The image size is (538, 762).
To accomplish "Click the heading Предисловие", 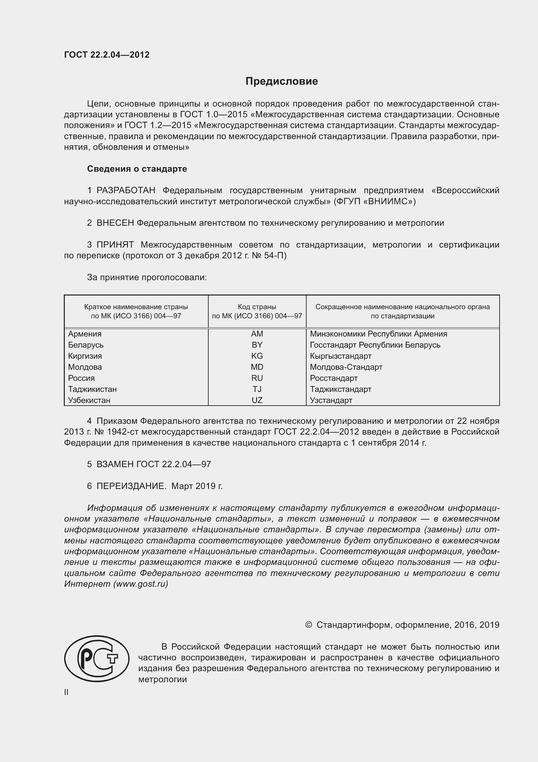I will [282, 81].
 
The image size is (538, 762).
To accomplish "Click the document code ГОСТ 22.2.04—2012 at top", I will [107, 55].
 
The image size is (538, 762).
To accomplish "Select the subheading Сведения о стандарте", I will [137, 169].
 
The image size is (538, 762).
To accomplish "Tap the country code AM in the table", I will [257, 334].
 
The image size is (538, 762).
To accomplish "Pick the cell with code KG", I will [257, 356].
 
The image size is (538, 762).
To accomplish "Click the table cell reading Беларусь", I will [86, 345].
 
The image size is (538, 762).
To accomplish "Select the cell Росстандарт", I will [334, 378].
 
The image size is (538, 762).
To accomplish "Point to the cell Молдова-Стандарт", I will [346, 367].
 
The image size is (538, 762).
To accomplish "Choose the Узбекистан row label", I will [89, 400].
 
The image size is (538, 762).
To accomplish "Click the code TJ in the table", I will [257, 389].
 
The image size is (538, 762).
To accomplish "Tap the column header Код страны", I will [257, 307].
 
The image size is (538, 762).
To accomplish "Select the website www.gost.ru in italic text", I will [141, 584].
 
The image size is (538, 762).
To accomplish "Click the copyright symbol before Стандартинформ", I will [308, 625].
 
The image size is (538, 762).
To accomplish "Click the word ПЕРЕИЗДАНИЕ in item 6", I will [131, 486].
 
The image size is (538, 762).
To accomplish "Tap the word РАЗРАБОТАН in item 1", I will [126, 191].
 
